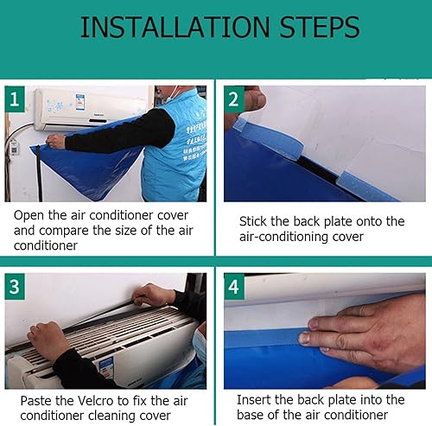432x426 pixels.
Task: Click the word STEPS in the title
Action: point(320,28)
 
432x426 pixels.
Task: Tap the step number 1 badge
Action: point(15,99)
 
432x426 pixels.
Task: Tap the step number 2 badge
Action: point(234,99)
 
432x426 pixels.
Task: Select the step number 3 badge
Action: point(15,287)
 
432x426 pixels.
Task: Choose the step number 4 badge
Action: point(234,287)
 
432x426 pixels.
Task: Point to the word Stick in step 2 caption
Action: point(253,221)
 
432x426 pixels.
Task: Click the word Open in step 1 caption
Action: point(29,215)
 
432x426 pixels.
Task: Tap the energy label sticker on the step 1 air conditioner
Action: point(79,102)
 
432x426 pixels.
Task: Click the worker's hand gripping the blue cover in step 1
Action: point(55,141)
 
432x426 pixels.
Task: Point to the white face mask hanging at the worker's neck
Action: point(171,92)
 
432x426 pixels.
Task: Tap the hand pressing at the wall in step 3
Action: point(151,294)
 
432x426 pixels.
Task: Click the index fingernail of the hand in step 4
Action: point(305,339)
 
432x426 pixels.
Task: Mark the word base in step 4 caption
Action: point(251,415)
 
